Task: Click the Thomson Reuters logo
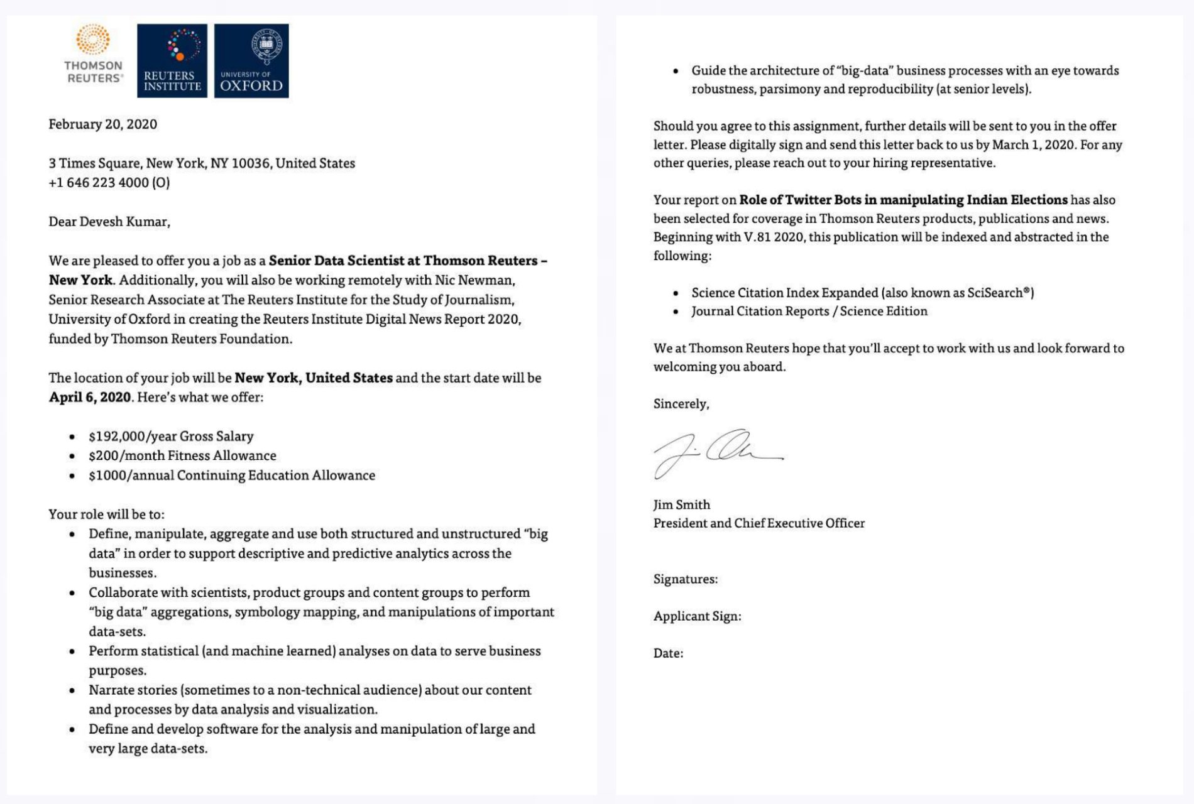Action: click(x=93, y=55)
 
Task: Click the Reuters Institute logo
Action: click(x=172, y=61)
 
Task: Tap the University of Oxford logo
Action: click(x=251, y=61)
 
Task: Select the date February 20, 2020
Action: click(x=102, y=124)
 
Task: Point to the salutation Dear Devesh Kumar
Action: click(x=109, y=222)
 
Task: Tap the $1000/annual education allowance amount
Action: click(x=131, y=475)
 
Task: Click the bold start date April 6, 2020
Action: click(x=90, y=398)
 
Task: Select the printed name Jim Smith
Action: click(x=681, y=505)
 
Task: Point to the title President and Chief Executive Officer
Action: click(x=759, y=523)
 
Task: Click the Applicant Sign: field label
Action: click(x=697, y=616)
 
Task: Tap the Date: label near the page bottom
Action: click(x=668, y=653)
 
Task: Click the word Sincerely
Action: click(x=681, y=404)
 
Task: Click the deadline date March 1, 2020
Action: click(x=1033, y=144)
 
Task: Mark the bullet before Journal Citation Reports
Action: click(x=676, y=312)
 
